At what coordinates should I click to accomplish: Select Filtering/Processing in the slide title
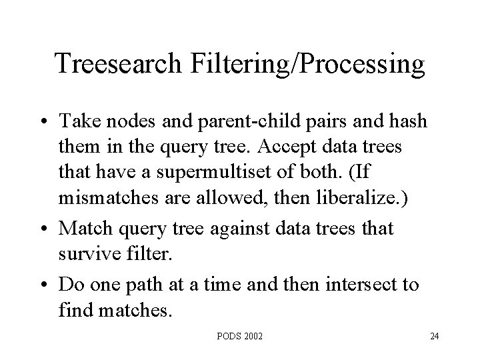point(309,65)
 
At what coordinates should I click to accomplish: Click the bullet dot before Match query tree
point(47,229)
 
